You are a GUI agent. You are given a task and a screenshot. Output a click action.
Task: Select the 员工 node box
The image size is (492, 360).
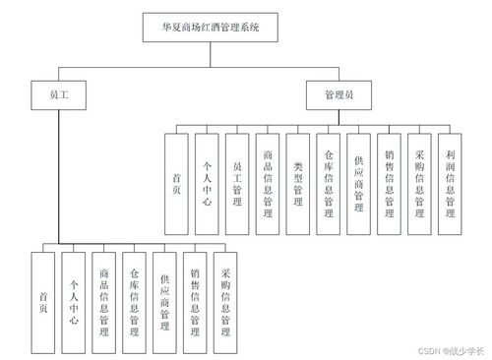(59, 96)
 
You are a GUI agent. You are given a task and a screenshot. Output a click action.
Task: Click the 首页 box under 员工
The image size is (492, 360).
(43, 302)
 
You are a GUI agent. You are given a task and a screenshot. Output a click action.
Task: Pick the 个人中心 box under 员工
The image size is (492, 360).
(74, 302)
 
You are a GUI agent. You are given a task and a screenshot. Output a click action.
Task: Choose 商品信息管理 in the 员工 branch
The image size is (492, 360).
(105, 302)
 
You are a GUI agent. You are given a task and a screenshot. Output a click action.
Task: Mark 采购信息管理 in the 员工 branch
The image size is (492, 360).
(226, 302)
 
